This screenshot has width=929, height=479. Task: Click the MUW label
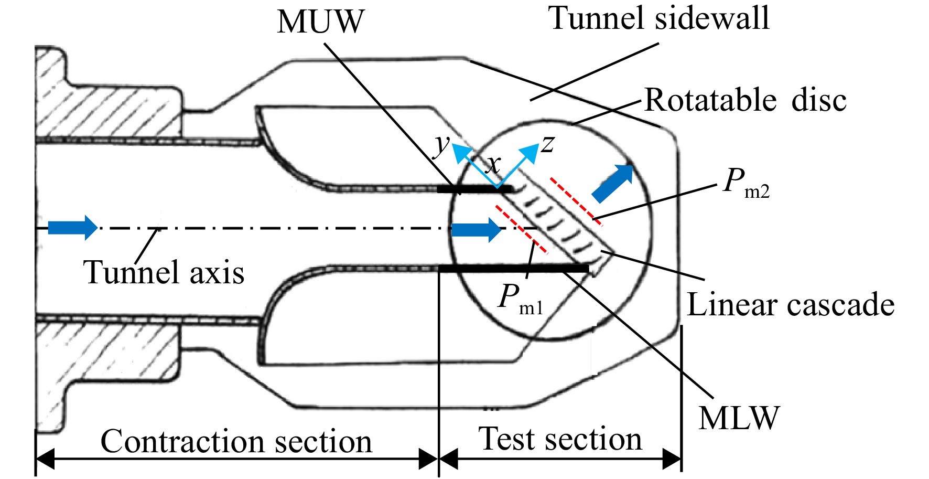tap(320, 22)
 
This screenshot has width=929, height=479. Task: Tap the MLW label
tap(739, 418)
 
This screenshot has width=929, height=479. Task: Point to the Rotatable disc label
tap(745, 100)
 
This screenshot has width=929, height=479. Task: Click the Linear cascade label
tap(791, 304)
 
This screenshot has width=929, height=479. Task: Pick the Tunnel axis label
tap(164, 272)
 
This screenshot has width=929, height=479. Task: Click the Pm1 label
tap(521, 300)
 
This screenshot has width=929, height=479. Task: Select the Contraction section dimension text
tap(236, 441)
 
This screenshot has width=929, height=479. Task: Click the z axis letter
tap(547, 144)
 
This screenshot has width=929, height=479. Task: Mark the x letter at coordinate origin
tap(493, 166)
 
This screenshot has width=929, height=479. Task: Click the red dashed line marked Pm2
tap(575, 201)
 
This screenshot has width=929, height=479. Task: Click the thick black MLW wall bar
tap(514, 269)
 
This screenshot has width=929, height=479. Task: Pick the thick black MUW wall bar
tap(475, 188)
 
